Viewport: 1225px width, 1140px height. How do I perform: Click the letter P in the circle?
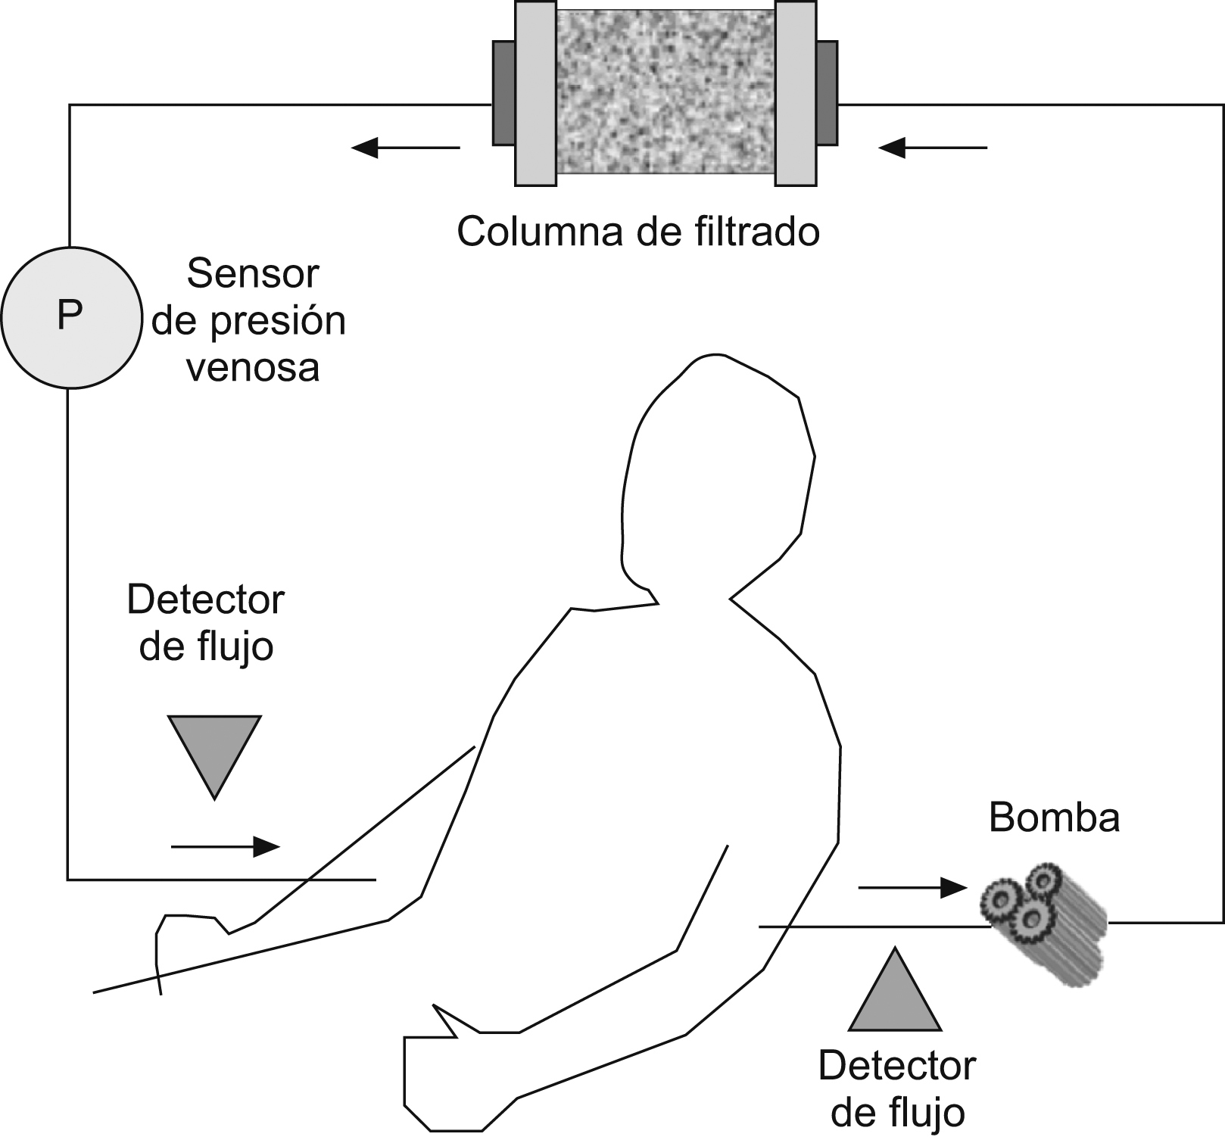click(x=70, y=316)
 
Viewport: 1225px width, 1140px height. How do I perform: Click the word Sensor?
click(x=252, y=273)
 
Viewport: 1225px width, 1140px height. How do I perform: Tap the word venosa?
click(x=252, y=368)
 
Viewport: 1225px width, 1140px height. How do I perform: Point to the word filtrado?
click(x=756, y=231)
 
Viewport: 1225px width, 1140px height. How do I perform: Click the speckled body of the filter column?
click(x=665, y=93)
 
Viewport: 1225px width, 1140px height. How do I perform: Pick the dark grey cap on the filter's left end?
click(x=503, y=93)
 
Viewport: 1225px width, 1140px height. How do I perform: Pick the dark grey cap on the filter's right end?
click(x=827, y=93)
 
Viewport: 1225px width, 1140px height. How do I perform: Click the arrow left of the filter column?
click(x=406, y=148)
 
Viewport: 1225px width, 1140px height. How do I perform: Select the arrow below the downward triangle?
click(x=226, y=846)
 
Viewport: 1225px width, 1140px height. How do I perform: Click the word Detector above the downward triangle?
click(x=205, y=600)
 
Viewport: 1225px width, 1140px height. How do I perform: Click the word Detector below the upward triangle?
click(x=897, y=1066)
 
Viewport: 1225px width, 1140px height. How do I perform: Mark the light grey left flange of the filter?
click(x=535, y=93)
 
